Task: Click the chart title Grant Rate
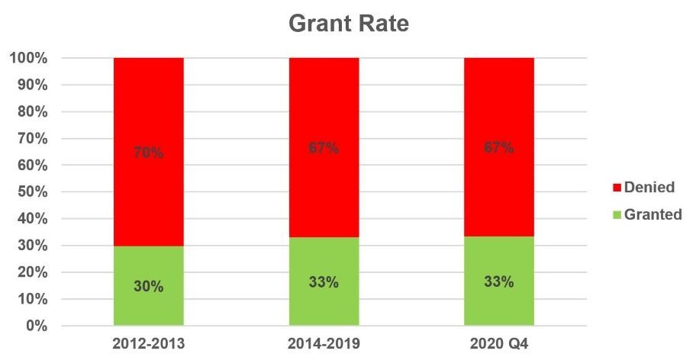pos(349,24)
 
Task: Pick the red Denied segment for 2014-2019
pos(324,107)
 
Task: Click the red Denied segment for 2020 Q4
pos(499,107)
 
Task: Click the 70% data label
pos(149,153)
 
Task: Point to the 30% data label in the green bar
pos(149,287)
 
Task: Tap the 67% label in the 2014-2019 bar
pos(324,149)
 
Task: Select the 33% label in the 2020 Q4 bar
pos(499,281)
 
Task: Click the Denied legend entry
pos(645,187)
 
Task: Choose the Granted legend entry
pos(647,215)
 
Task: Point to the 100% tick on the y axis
pos(29,58)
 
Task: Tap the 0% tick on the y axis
pos(35,326)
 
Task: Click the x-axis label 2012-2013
pos(149,345)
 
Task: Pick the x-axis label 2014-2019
pos(324,345)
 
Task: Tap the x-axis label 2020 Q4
pos(499,345)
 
